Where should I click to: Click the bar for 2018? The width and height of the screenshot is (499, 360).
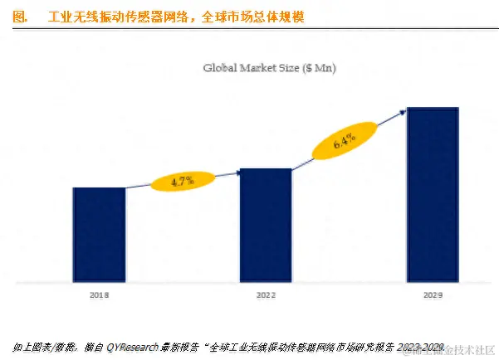tap(99, 236)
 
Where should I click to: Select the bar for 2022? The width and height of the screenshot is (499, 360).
tap(266, 226)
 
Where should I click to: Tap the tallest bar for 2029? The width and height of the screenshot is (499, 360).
tap(432, 196)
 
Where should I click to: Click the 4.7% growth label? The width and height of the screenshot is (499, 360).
tap(182, 180)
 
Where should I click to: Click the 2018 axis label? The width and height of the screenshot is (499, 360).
tap(99, 294)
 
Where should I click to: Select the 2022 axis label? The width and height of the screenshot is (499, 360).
tap(266, 294)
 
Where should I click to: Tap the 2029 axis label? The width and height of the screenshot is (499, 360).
tap(432, 294)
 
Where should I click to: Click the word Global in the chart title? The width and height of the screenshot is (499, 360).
tap(222, 67)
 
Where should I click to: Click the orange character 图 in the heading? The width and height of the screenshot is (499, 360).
tap(20, 16)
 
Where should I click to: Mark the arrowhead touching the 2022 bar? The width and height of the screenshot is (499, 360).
tap(238, 172)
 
